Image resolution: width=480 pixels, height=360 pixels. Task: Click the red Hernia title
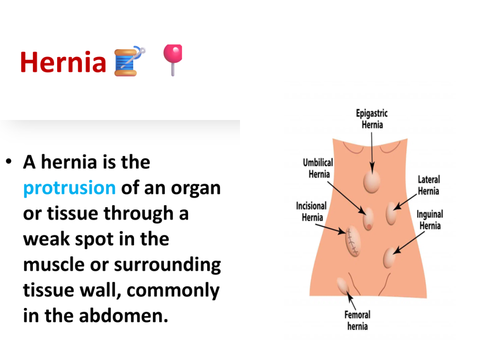click(x=63, y=62)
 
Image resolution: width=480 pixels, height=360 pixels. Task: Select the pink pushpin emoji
click(x=173, y=60)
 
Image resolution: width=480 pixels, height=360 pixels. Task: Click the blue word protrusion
click(x=69, y=187)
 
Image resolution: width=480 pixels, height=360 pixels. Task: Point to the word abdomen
click(x=123, y=315)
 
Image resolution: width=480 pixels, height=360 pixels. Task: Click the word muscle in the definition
click(x=54, y=264)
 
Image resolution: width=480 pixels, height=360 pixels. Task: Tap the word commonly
click(x=173, y=290)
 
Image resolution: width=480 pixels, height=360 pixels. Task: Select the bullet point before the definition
click(x=8, y=161)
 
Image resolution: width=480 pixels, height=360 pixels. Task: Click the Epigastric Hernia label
click(x=372, y=119)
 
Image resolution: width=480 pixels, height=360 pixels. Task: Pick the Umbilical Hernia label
click(x=318, y=168)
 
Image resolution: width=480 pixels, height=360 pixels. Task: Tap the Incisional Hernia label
click(x=311, y=211)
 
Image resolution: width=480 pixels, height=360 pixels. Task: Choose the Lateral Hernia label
click(x=428, y=185)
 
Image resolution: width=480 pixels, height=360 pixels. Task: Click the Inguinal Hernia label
click(x=430, y=220)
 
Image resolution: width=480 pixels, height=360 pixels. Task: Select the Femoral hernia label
click(x=357, y=321)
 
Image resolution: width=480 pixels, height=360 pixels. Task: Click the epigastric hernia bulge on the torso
click(x=372, y=182)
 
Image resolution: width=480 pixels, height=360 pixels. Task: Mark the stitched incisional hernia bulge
click(x=352, y=241)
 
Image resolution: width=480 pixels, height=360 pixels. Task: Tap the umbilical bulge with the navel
click(x=368, y=218)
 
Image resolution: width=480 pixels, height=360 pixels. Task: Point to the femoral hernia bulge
click(x=343, y=285)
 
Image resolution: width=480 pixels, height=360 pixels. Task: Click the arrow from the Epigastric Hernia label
click(x=372, y=153)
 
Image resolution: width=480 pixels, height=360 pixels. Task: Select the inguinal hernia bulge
click(x=389, y=258)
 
